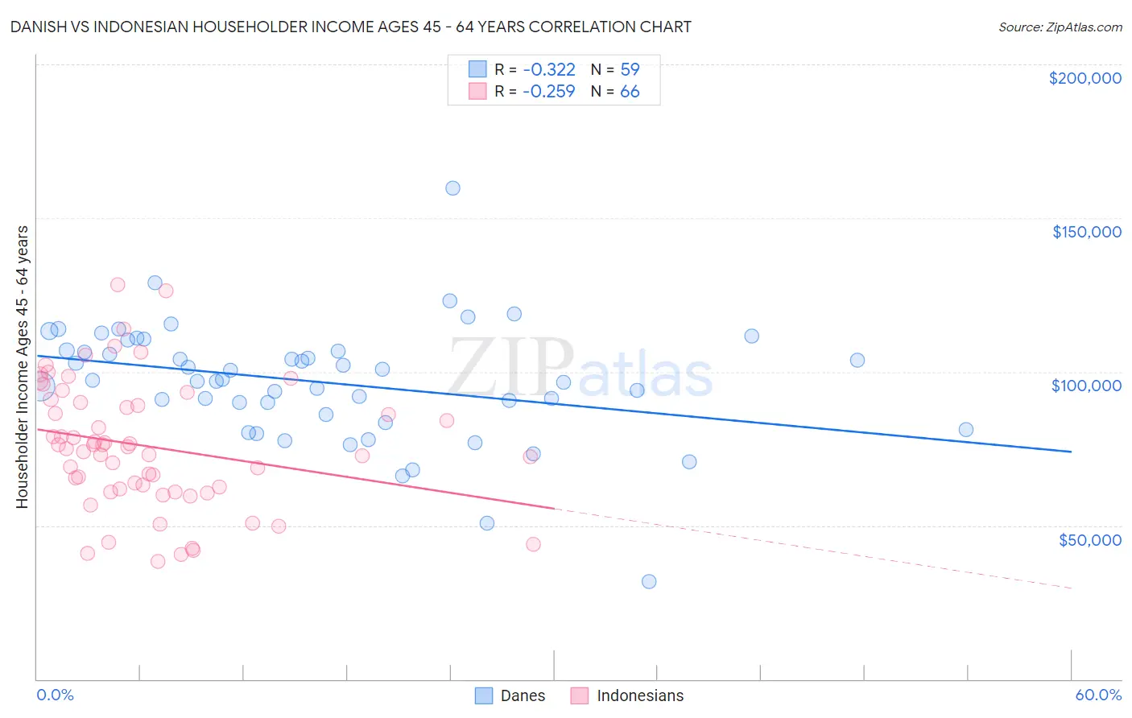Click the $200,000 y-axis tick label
[1084, 78]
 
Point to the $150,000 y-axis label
[1086, 232]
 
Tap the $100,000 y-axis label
[1086, 386]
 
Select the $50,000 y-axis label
[1089, 539]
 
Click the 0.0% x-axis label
[55, 695]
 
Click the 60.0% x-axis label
[1098, 695]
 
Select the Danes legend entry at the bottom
[510, 695]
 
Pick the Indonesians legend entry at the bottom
[627, 695]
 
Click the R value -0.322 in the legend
[548, 69]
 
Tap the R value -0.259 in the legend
[548, 91]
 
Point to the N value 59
[630, 69]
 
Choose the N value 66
[630, 91]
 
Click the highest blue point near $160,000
[452, 188]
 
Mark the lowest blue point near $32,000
[649, 581]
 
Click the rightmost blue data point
[966, 430]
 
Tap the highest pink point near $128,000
[118, 285]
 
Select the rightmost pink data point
[533, 544]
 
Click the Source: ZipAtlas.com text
[1060, 27]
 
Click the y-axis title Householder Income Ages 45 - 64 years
[23, 367]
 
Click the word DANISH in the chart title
[37, 27]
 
